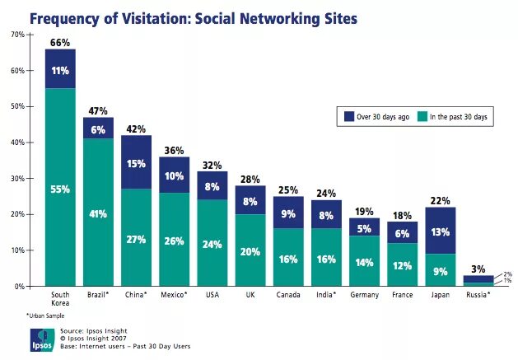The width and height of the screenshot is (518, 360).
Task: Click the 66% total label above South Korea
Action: (59, 42)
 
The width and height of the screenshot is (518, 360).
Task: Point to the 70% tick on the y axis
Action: (17, 35)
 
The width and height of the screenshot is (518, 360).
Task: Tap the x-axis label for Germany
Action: (365, 293)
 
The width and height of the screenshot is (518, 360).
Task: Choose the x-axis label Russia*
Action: (478, 293)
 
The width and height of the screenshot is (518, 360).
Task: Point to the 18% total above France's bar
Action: (403, 216)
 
